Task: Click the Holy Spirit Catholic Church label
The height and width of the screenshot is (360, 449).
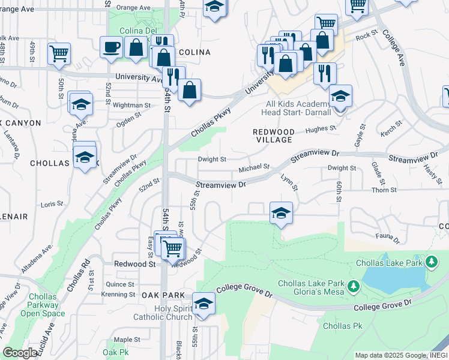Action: click(x=162, y=313)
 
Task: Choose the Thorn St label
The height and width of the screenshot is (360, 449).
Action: click(x=381, y=190)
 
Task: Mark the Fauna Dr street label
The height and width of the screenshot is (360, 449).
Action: click(x=387, y=238)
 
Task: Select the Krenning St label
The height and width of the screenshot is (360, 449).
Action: click(x=118, y=295)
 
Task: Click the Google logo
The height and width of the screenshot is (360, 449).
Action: click(x=20, y=353)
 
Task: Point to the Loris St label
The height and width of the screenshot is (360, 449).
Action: click(x=52, y=205)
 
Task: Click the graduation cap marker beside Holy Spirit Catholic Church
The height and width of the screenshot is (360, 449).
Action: click(x=203, y=303)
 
